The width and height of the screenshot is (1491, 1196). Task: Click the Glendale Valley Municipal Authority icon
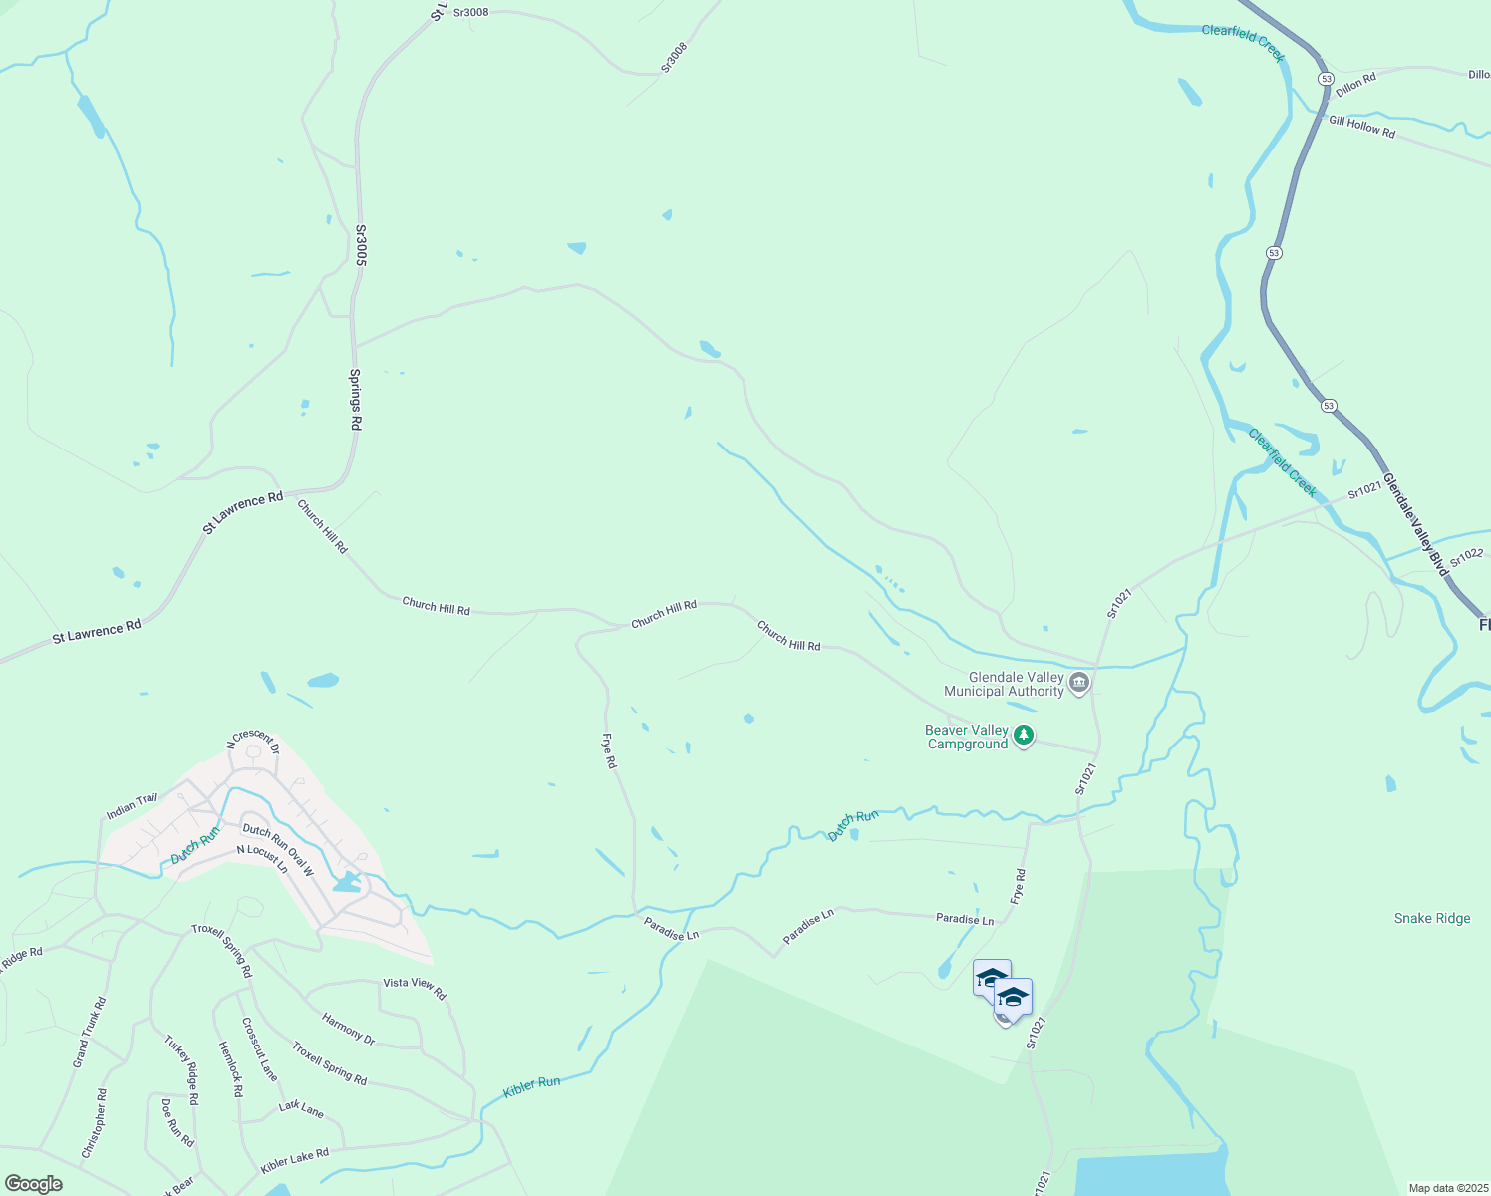pos(1079,684)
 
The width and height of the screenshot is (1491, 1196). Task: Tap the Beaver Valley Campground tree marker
pos(1023,737)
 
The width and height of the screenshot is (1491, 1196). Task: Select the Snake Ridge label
pos(1431,918)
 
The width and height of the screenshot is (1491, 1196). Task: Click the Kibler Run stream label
pos(531,1086)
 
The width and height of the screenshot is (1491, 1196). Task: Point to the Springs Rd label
pos(355,399)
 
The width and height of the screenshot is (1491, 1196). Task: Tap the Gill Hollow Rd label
pos(1361,127)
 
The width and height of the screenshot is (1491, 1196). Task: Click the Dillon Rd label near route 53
pos(1355,84)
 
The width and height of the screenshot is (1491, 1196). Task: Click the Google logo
pos(33,1184)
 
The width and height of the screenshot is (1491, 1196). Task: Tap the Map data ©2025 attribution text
pos(1446,1188)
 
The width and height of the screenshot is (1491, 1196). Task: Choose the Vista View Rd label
pos(415,988)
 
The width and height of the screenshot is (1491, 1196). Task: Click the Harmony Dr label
pos(349,1029)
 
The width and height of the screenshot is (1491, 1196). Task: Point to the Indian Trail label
pos(132,806)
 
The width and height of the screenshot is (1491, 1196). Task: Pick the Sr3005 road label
pos(361,245)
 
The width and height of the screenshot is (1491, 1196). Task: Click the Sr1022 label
pos(1466,558)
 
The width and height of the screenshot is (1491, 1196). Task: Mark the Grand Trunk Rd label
pos(89,1032)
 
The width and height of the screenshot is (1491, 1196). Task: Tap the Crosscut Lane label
pos(259,1049)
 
